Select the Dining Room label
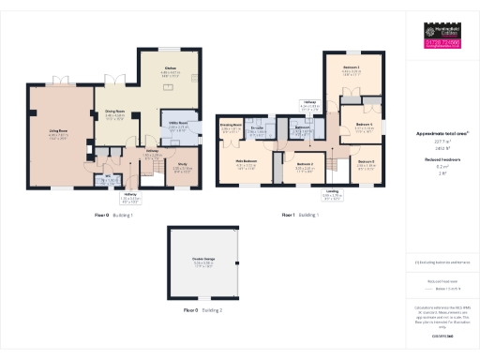pos(113,115)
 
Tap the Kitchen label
pos(170,69)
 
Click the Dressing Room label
pos(232,124)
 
